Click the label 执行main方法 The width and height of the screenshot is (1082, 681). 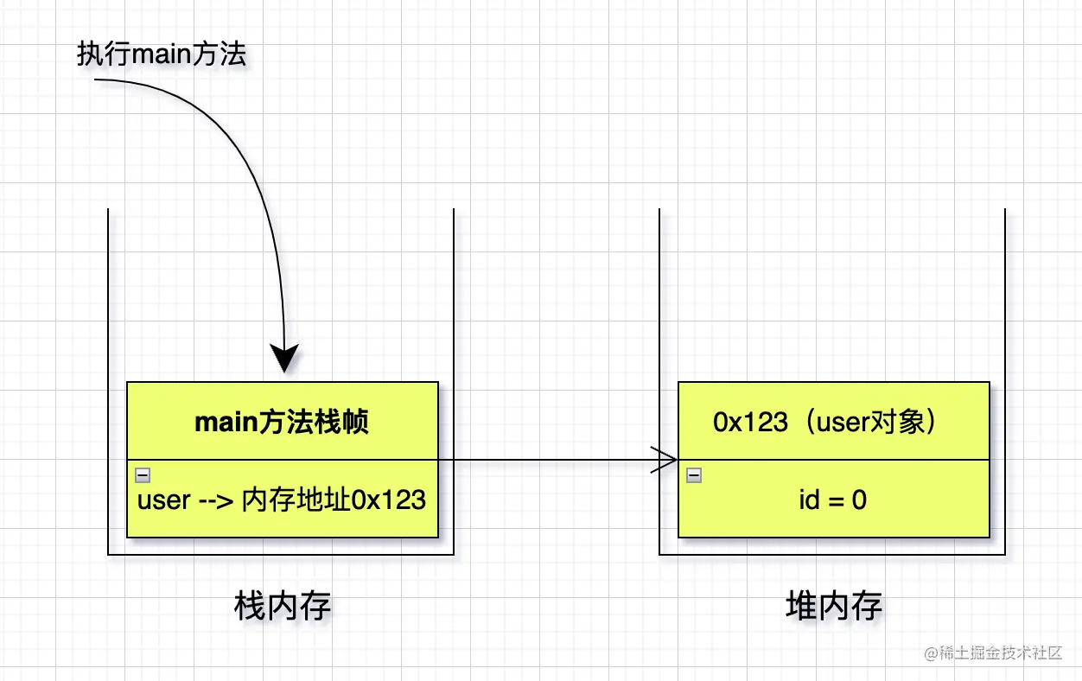pos(162,54)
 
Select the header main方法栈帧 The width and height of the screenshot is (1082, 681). pos(282,422)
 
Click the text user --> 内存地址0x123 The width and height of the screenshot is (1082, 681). pos(282,500)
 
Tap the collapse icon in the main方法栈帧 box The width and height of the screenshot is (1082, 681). pos(143,474)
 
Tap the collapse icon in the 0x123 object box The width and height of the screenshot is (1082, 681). pos(694,474)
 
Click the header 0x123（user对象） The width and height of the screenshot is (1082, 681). pos(825,422)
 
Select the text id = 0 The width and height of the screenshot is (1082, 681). pos(833,500)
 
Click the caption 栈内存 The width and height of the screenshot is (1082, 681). pos(283,607)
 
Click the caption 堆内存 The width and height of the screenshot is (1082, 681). pos(834,607)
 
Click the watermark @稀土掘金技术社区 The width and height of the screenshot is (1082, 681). pos(993,653)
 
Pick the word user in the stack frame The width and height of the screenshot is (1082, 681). pos(164,500)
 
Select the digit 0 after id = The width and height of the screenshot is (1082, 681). pos(859,500)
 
